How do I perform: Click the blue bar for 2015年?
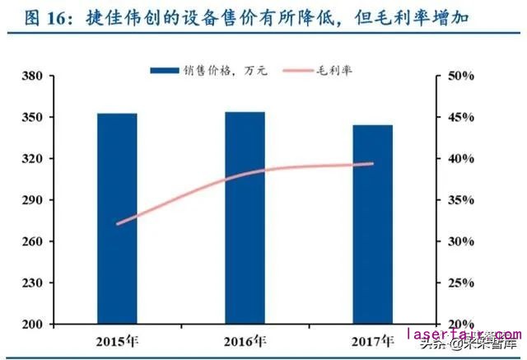pos(117,218)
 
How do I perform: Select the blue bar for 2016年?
pos(245,217)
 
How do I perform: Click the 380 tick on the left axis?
pos(32,77)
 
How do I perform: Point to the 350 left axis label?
pos(32,118)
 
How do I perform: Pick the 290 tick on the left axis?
pos(32,200)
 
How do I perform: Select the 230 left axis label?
pos(32,283)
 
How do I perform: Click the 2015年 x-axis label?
pos(117,340)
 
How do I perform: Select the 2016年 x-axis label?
pos(245,340)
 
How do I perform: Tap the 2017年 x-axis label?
pos(372,340)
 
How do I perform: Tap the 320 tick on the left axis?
pos(32,159)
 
